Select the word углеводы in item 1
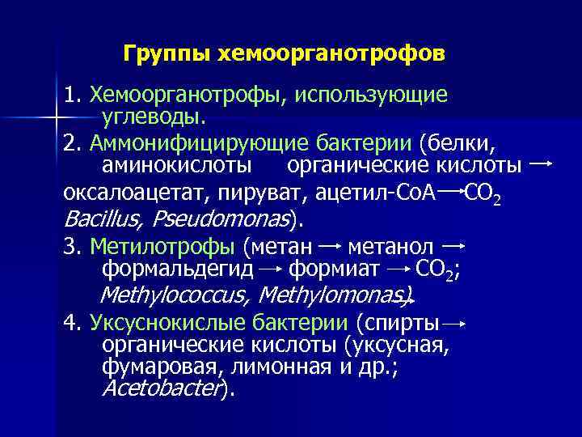pyautogui.click(x=153, y=117)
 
